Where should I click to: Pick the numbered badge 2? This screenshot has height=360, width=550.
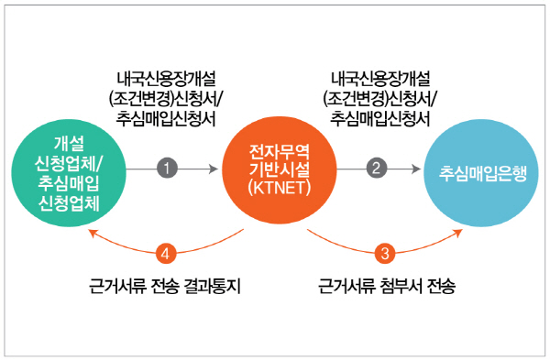[x=375, y=168]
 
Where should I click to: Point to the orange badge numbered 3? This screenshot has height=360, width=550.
[x=385, y=252]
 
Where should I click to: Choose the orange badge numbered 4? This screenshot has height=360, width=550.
[x=165, y=252]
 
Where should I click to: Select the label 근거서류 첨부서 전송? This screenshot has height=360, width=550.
[x=386, y=287]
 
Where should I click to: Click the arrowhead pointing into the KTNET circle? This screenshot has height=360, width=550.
[x=216, y=169]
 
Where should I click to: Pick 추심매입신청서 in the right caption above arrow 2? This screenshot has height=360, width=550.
[x=380, y=117]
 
